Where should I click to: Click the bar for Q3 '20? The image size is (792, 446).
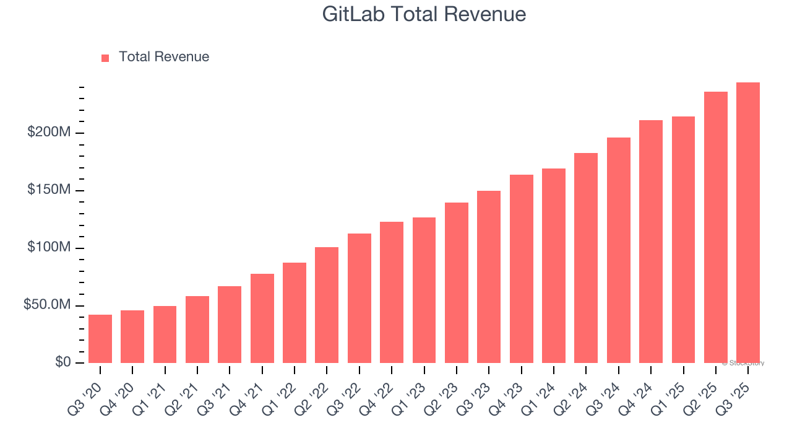click(x=100, y=339)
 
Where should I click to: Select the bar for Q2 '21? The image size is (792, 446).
click(x=197, y=330)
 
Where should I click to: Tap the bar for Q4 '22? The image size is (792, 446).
click(x=392, y=292)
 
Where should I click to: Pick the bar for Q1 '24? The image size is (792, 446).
click(x=554, y=266)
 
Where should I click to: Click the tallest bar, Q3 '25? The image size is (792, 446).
click(x=748, y=222)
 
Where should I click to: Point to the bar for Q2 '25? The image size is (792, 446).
click(x=716, y=227)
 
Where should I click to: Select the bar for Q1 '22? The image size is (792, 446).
click(x=295, y=313)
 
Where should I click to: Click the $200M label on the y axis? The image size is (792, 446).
click(x=49, y=132)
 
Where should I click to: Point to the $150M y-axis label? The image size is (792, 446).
click(x=49, y=190)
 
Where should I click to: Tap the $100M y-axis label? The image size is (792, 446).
click(x=49, y=247)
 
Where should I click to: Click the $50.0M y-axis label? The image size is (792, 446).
click(x=46, y=305)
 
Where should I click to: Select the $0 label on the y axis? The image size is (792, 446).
click(x=62, y=362)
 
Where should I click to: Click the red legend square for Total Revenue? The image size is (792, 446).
click(x=105, y=58)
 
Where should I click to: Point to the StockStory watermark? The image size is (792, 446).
click(x=742, y=363)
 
